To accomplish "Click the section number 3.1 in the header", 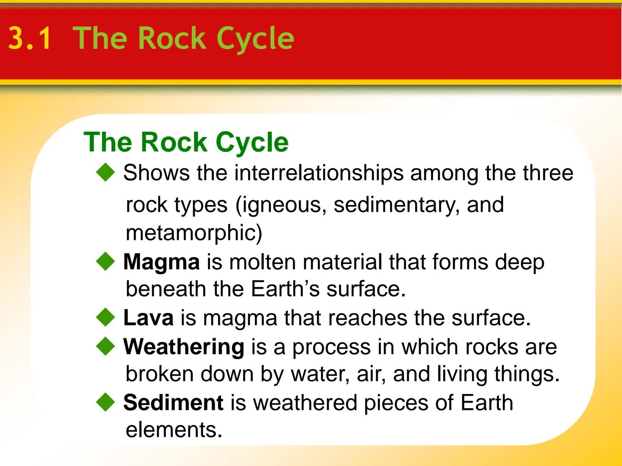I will [x=29, y=39].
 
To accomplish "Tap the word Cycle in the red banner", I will [x=255, y=39].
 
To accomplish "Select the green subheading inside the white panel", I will [x=186, y=142].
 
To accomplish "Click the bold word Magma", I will [x=161, y=262].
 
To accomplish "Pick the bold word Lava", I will [x=148, y=318].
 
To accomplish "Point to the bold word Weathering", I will [x=184, y=347].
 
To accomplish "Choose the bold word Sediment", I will [x=173, y=403].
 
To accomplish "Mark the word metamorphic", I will [x=190, y=233].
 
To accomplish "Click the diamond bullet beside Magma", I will [x=105, y=261].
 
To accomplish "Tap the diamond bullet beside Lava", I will [x=105, y=318].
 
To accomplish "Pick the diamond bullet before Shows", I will [x=105, y=173].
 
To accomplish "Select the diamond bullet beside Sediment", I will [x=105, y=402].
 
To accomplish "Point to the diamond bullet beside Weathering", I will [x=105, y=346].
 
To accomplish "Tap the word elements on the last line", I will [x=174, y=430].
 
